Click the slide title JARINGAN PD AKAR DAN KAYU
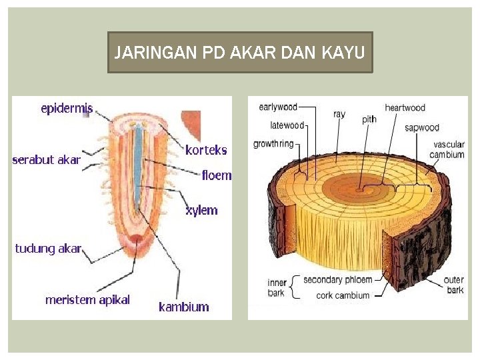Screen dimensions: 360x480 [x=240, y=52]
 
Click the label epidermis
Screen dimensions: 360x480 [x=67, y=107]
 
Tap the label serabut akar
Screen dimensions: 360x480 [x=46, y=160]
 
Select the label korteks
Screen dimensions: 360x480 [x=206, y=150]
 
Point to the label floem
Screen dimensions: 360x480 [x=217, y=176]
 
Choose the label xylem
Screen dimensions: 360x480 [x=201, y=210]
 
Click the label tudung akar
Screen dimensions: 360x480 [x=48, y=249]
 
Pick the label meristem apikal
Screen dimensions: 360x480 [x=87, y=300]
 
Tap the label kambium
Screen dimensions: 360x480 [x=183, y=307]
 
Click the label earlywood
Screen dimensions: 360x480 [x=278, y=107]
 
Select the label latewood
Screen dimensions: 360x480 [x=287, y=125]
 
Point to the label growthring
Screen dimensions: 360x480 [x=273, y=143]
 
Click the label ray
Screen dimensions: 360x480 [x=339, y=114]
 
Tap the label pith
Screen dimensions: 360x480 [x=369, y=119]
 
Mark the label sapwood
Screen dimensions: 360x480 [x=422, y=127]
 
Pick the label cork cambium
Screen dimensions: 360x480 [x=343, y=295]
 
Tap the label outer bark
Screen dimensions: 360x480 [x=455, y=285]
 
